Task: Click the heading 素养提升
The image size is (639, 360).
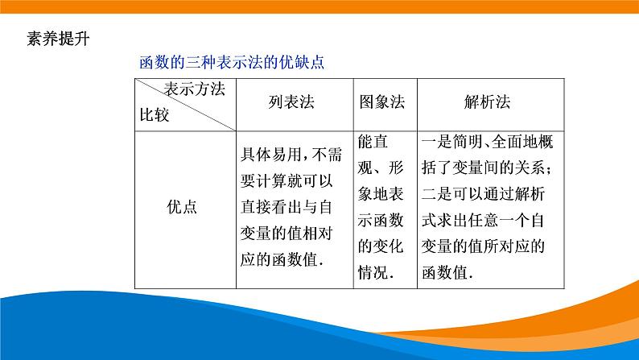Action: click(x=56, y=39)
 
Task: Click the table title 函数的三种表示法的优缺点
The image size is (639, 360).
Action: click(x=233, y=62)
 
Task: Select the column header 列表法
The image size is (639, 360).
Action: click(x=291, y=102)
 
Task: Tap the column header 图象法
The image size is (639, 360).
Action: click(x=381, y=102)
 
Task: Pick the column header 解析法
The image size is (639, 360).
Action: click(x=487, y=102)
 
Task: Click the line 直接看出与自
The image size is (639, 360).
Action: click(x=291, y=207)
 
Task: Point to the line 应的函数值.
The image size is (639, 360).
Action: click(x=282, y=259)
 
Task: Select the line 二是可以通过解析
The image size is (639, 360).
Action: click(x=487, y=194)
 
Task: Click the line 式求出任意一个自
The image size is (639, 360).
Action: click(x=487, y=220)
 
